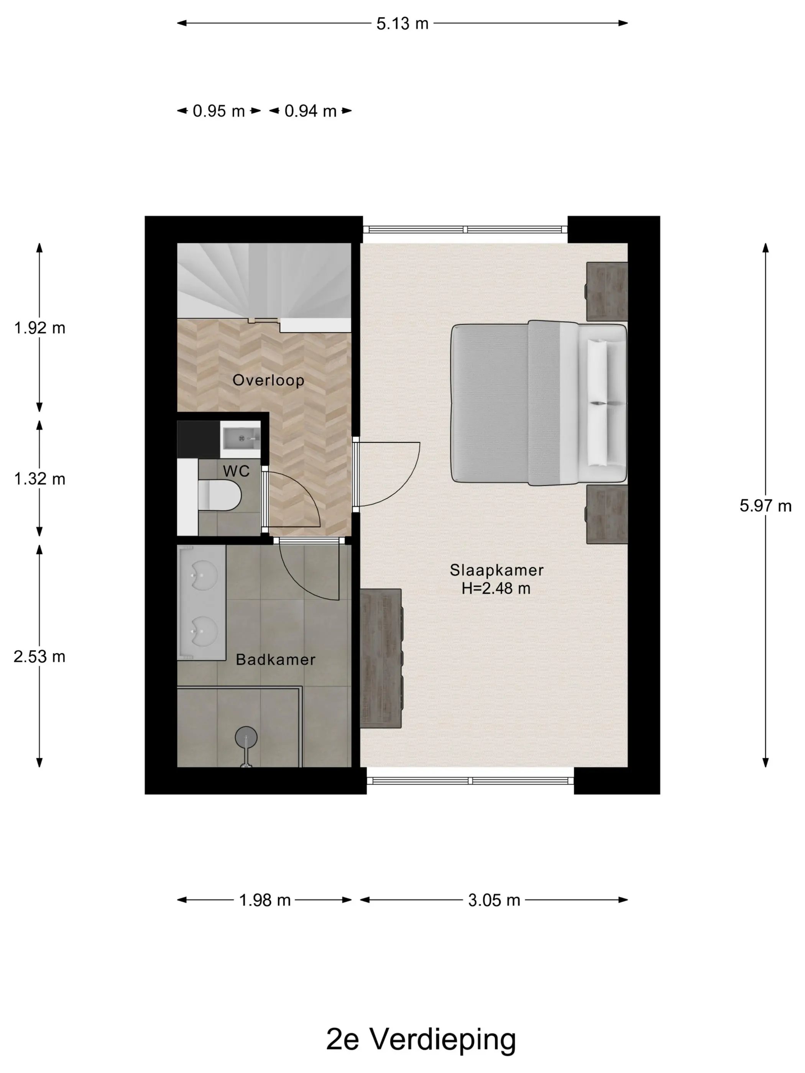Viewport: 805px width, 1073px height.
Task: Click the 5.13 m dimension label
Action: click(x=402, y=23)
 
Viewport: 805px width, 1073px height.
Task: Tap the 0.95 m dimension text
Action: click(x=219, y=111)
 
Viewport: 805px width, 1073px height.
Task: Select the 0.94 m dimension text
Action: click(x=310, y=111)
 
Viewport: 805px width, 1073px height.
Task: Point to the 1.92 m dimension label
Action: click(x=39, y=328)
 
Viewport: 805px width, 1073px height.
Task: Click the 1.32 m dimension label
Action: click(x=39, y=479)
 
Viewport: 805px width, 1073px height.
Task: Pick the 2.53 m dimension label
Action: click(x=39, y=656)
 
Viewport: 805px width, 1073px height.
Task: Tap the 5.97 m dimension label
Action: click(x=765, y=506)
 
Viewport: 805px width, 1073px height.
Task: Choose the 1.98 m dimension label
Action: click(x=264, y=900)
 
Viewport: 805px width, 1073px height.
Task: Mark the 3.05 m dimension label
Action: click(x=494, y=900)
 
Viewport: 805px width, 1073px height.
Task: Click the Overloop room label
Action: click(x=268, y=380)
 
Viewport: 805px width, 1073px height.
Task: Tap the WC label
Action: click(x=236, y=471)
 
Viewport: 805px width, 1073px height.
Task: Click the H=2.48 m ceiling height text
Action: click(x=496, y=588)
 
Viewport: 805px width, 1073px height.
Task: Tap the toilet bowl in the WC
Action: click(x=219, y=495)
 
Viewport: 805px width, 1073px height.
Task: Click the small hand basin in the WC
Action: click(x=241, y=438)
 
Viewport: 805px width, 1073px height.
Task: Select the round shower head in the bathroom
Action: click(x=246, y=737)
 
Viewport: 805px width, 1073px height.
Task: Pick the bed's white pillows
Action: click(x=597, y=403)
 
